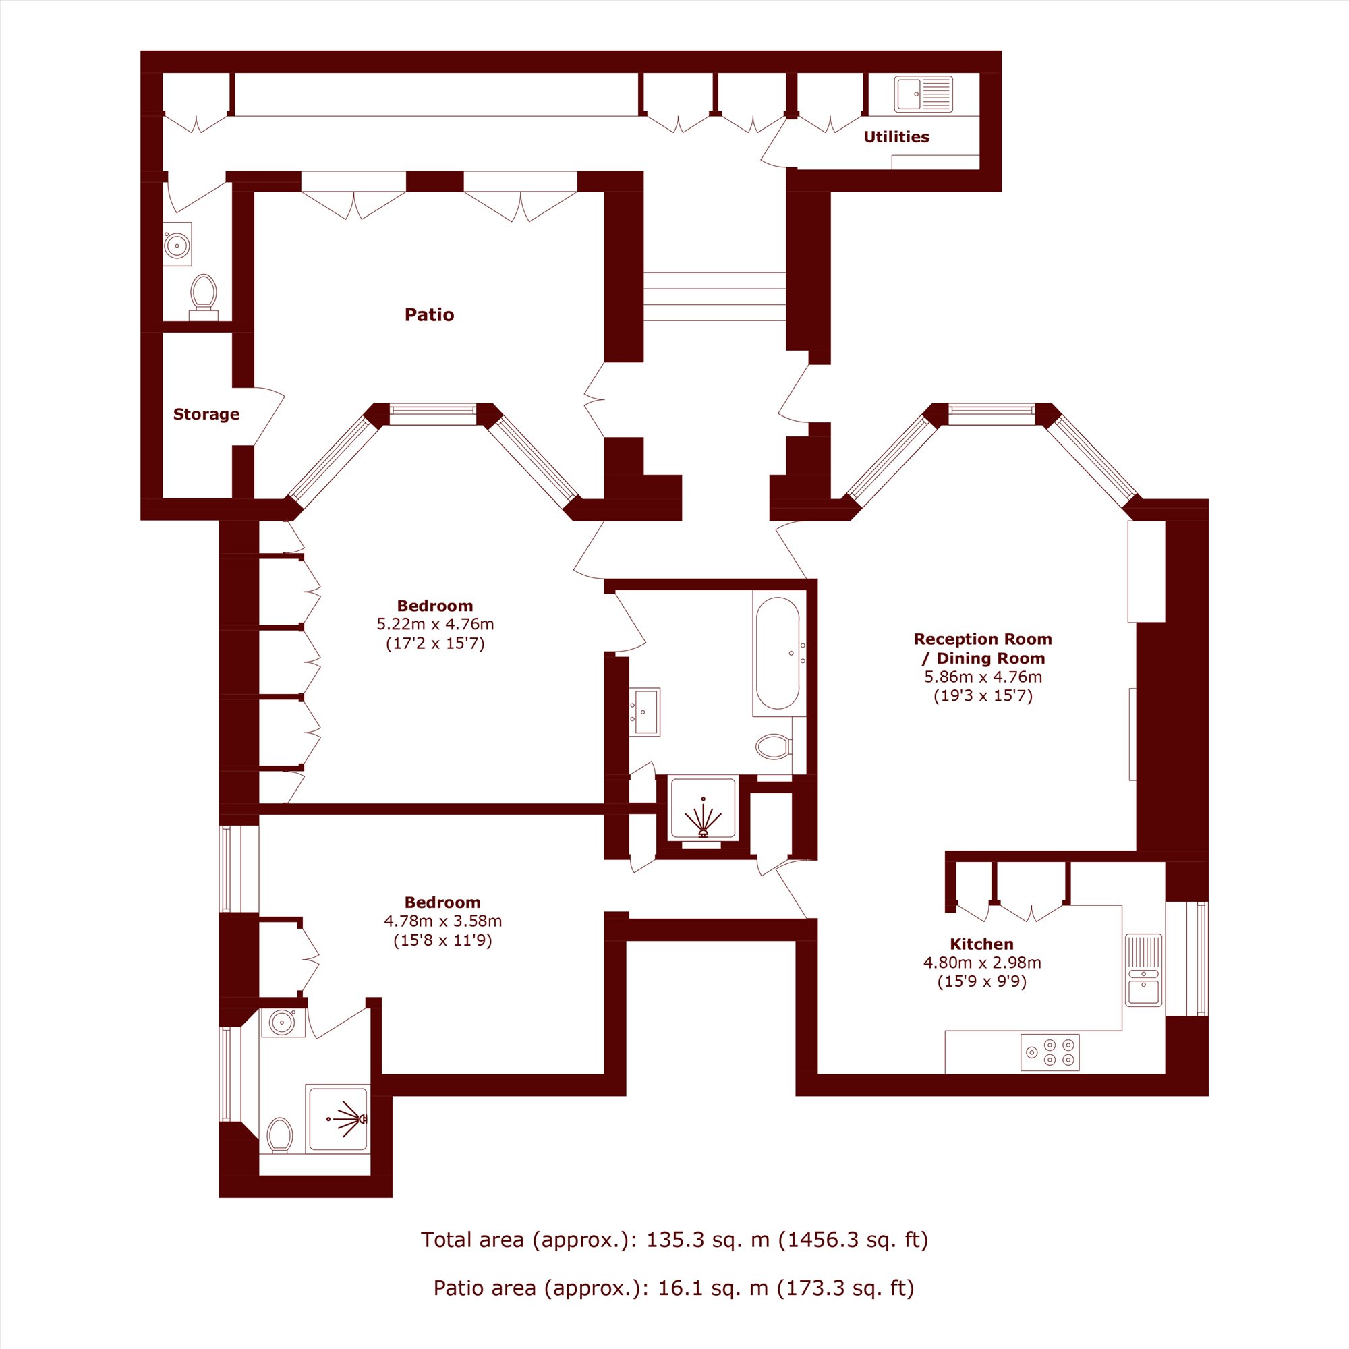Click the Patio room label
tap(430, 315)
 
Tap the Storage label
tap(206, 415)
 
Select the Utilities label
tap(896, 137)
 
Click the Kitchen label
tap(981, 944)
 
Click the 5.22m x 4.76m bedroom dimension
tap(435, 624)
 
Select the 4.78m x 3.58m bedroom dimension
tap(442, 921)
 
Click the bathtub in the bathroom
tap(778, 653)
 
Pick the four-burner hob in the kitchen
tap(1050, 1052)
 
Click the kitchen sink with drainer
tap(1144, 971)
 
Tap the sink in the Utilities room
tap(923, 94)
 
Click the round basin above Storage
tap(177, 244)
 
